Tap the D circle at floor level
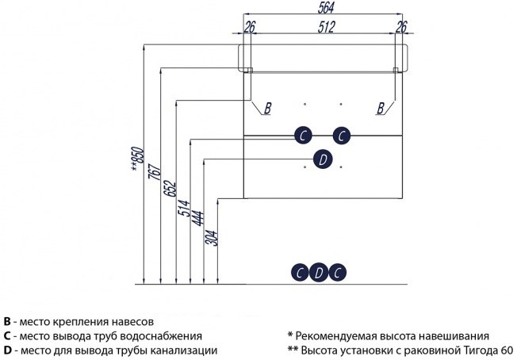point(319,273)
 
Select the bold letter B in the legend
point(7,322)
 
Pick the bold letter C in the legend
point(7,336)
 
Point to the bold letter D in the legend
point(7,350)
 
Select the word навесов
point(132,322)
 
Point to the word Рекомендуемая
point(340,336)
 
